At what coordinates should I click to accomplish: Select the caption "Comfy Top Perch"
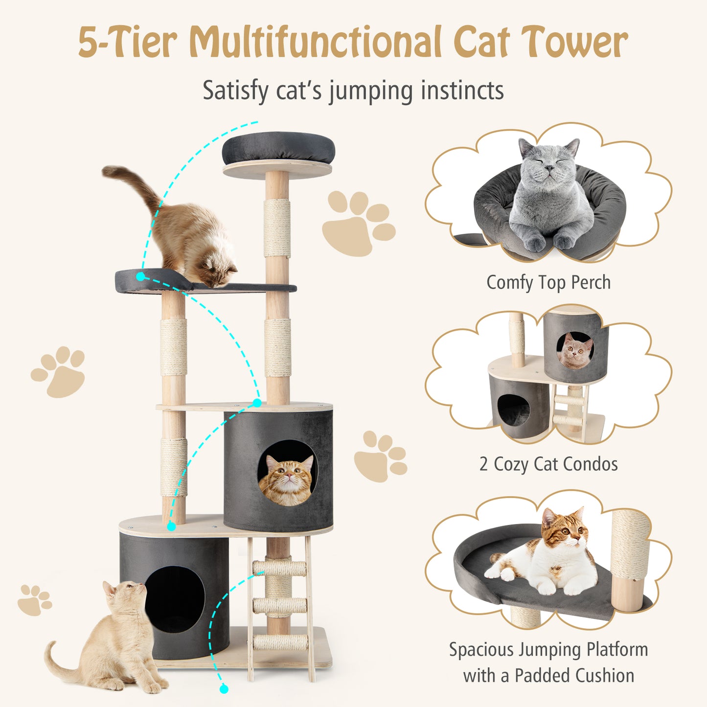[548, 283]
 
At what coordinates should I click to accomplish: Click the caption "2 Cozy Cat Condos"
[548, 464]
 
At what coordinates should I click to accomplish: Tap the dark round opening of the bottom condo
[175, 599]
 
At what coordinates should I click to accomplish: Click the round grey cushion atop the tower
[278, 148]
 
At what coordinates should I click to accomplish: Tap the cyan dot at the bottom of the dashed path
[224, 689]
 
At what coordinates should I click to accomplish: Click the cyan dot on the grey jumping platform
[141, 277]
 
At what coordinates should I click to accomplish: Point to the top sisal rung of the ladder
[279, 568]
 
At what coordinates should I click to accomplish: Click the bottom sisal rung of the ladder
[280, 642]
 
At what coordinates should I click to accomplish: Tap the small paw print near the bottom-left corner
[34, 599]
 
